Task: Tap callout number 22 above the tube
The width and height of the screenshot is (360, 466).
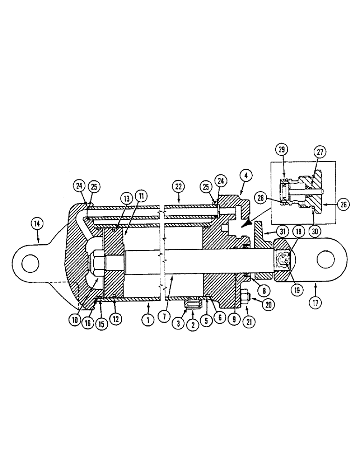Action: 179,185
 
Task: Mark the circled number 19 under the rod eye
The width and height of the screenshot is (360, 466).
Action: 294,289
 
